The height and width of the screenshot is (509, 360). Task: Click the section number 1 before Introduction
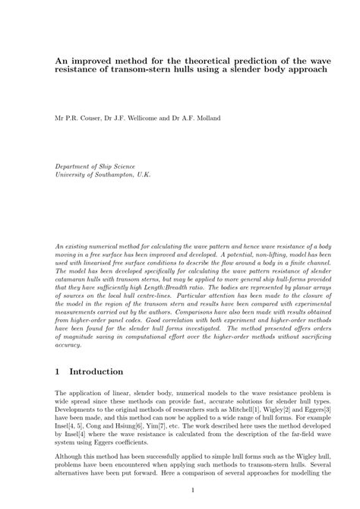click(x=58, y=372)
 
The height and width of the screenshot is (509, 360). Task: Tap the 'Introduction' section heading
click(x=96, y=372)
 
